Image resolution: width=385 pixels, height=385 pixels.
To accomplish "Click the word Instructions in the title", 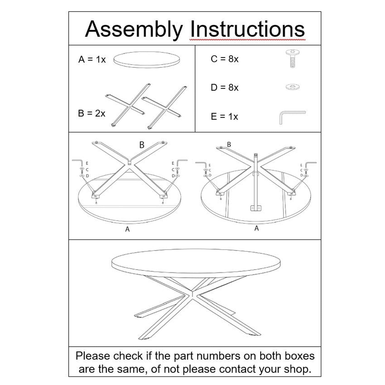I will point(247,29).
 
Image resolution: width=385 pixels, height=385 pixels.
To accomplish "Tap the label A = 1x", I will point(92,60).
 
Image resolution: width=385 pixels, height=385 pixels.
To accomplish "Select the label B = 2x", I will point(91,113).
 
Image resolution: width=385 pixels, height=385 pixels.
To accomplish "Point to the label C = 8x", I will point(225,59).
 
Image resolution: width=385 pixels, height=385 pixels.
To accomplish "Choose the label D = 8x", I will point(225,88).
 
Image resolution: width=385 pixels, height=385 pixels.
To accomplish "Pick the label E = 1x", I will point(224,117).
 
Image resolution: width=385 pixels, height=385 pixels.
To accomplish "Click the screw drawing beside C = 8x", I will point(293,58).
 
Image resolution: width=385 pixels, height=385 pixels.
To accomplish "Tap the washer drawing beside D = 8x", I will point(293,87).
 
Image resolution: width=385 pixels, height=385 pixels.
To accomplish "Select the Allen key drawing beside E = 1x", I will point(291,117).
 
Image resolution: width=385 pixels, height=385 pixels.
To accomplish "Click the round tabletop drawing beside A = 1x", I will point(147,60).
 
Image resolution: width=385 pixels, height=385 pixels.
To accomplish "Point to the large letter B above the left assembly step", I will point(142,145).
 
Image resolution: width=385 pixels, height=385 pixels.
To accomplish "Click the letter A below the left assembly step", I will point(127,229).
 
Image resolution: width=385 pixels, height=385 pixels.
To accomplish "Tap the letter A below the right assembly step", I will point(256,228).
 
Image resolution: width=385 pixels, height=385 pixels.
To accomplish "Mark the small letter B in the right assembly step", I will point(229,145).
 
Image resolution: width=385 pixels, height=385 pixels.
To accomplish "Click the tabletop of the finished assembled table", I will point(196,261).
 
